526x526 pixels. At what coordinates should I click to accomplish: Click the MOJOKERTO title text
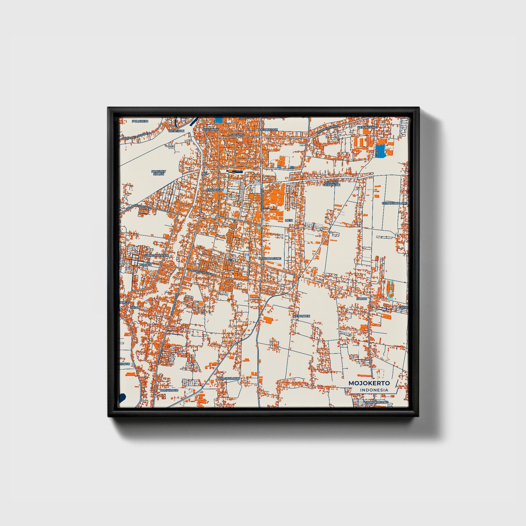click(x=369, y=383)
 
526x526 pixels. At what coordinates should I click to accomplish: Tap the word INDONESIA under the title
click(x=374, y=390)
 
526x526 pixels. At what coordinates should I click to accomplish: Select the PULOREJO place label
click(x=140, y=121)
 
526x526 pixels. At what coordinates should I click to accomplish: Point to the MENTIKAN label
click(x=177, y=131)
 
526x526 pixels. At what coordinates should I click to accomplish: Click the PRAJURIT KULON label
click(x=158, y=172)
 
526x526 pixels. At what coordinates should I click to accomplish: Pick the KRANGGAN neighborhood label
click(x=215, y=190)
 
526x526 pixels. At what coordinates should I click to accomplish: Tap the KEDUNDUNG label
click(x=367, y=127)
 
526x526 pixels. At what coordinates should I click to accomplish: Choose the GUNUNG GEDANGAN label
click(x=332, y=184)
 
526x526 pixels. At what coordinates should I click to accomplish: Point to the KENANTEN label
click(x=302, y=316)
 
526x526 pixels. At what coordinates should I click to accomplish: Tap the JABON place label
click(x=362, y=299)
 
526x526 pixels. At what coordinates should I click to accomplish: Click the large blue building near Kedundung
click(x=380, y=151)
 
